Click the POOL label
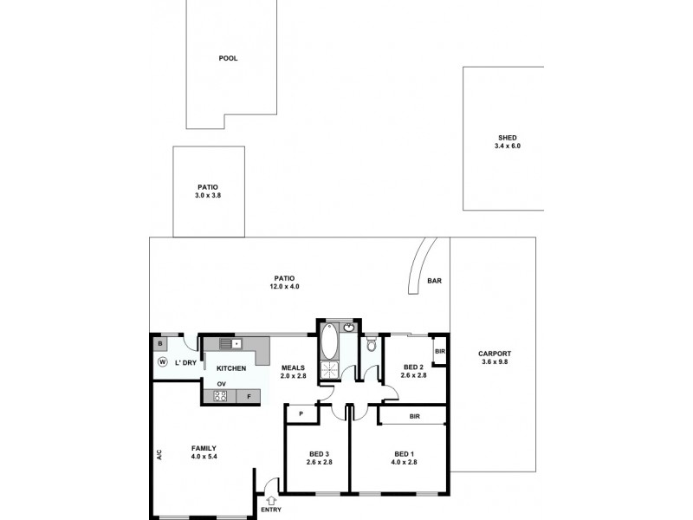[228, 59]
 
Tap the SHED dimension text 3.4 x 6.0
[507, 146]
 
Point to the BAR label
[435, 281]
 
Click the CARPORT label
[495, 354]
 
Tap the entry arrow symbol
[271, 500]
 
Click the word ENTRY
[271, 510]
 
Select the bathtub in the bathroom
[330, 342]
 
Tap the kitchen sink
[230, 344]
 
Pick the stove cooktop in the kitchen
[220, 397]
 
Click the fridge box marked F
[249, 397]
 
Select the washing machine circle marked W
[162, 361]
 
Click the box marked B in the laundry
[161, 344]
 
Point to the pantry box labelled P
[301, 414]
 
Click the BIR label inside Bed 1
[414, 417]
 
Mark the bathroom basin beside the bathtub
[349, 328]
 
